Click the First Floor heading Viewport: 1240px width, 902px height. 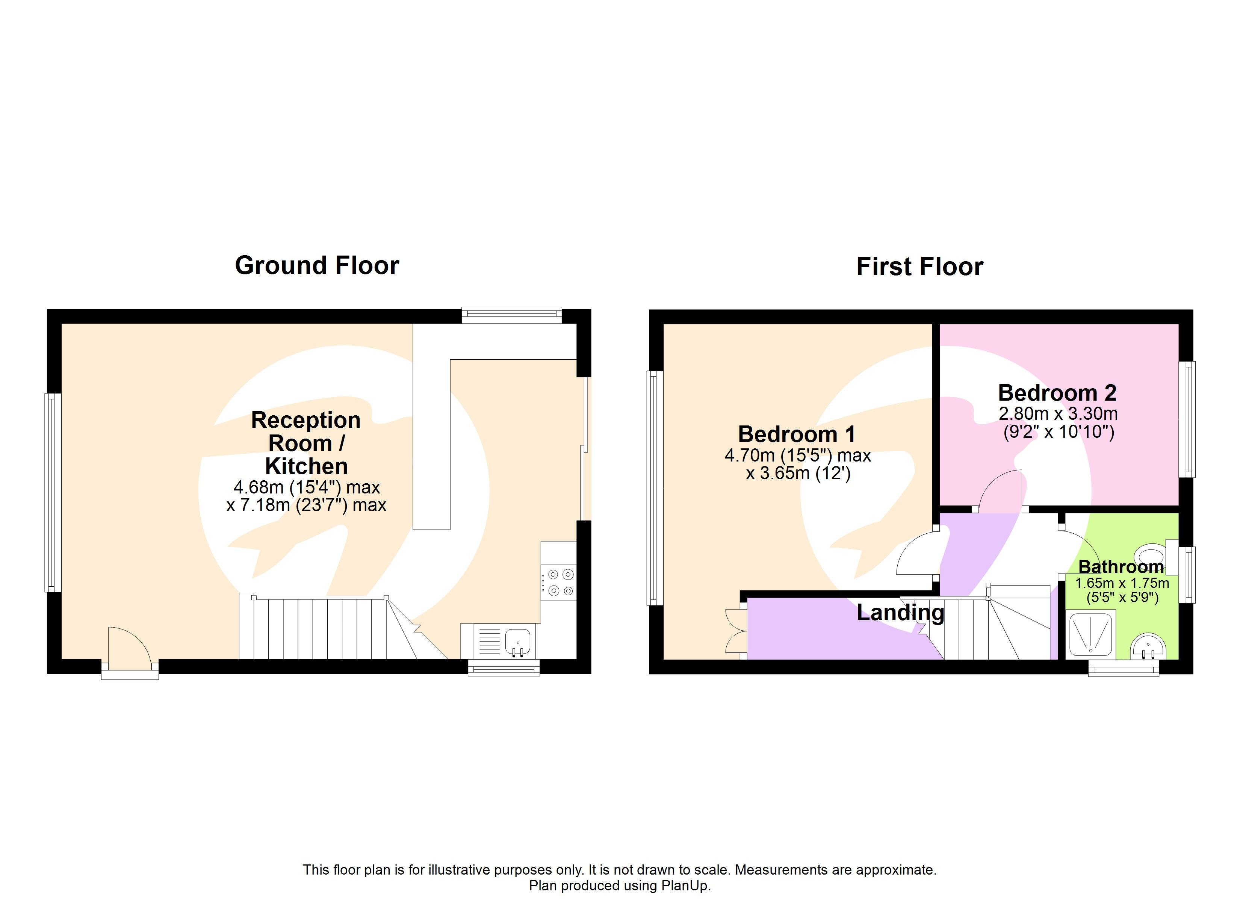919,267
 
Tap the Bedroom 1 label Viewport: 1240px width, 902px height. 797,434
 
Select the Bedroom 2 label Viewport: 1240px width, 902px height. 1057,393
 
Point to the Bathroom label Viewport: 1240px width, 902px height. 1121,567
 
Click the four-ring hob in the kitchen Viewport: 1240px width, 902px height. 559,583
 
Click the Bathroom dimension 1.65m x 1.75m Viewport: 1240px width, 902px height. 1122,583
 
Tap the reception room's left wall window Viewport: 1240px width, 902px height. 53,492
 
